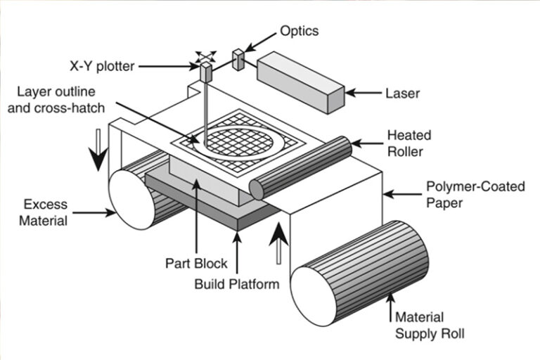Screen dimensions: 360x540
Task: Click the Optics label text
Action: (299, 31)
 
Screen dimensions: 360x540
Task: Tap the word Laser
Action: (402, 93)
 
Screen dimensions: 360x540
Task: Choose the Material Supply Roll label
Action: (429, 325)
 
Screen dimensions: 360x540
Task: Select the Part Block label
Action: (196, 264)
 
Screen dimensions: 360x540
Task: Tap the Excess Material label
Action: (46, 212)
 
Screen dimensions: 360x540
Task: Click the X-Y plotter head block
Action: (205, 72)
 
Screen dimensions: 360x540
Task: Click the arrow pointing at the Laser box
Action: (364, 93)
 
